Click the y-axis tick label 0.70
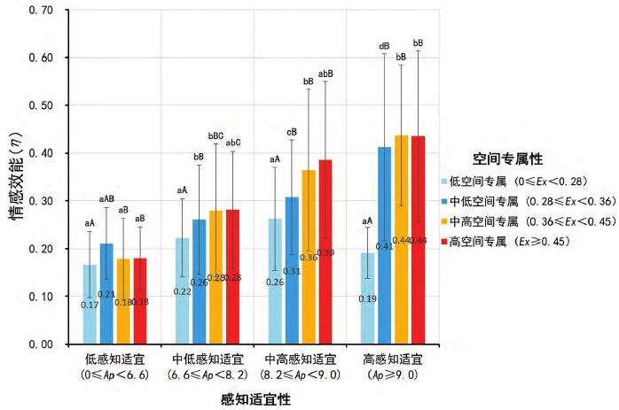click(41, 10)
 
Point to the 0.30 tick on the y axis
click(41, 201)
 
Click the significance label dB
click(384, 46)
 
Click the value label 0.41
click(384, 246)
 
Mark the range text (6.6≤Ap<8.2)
click(208, 375)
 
